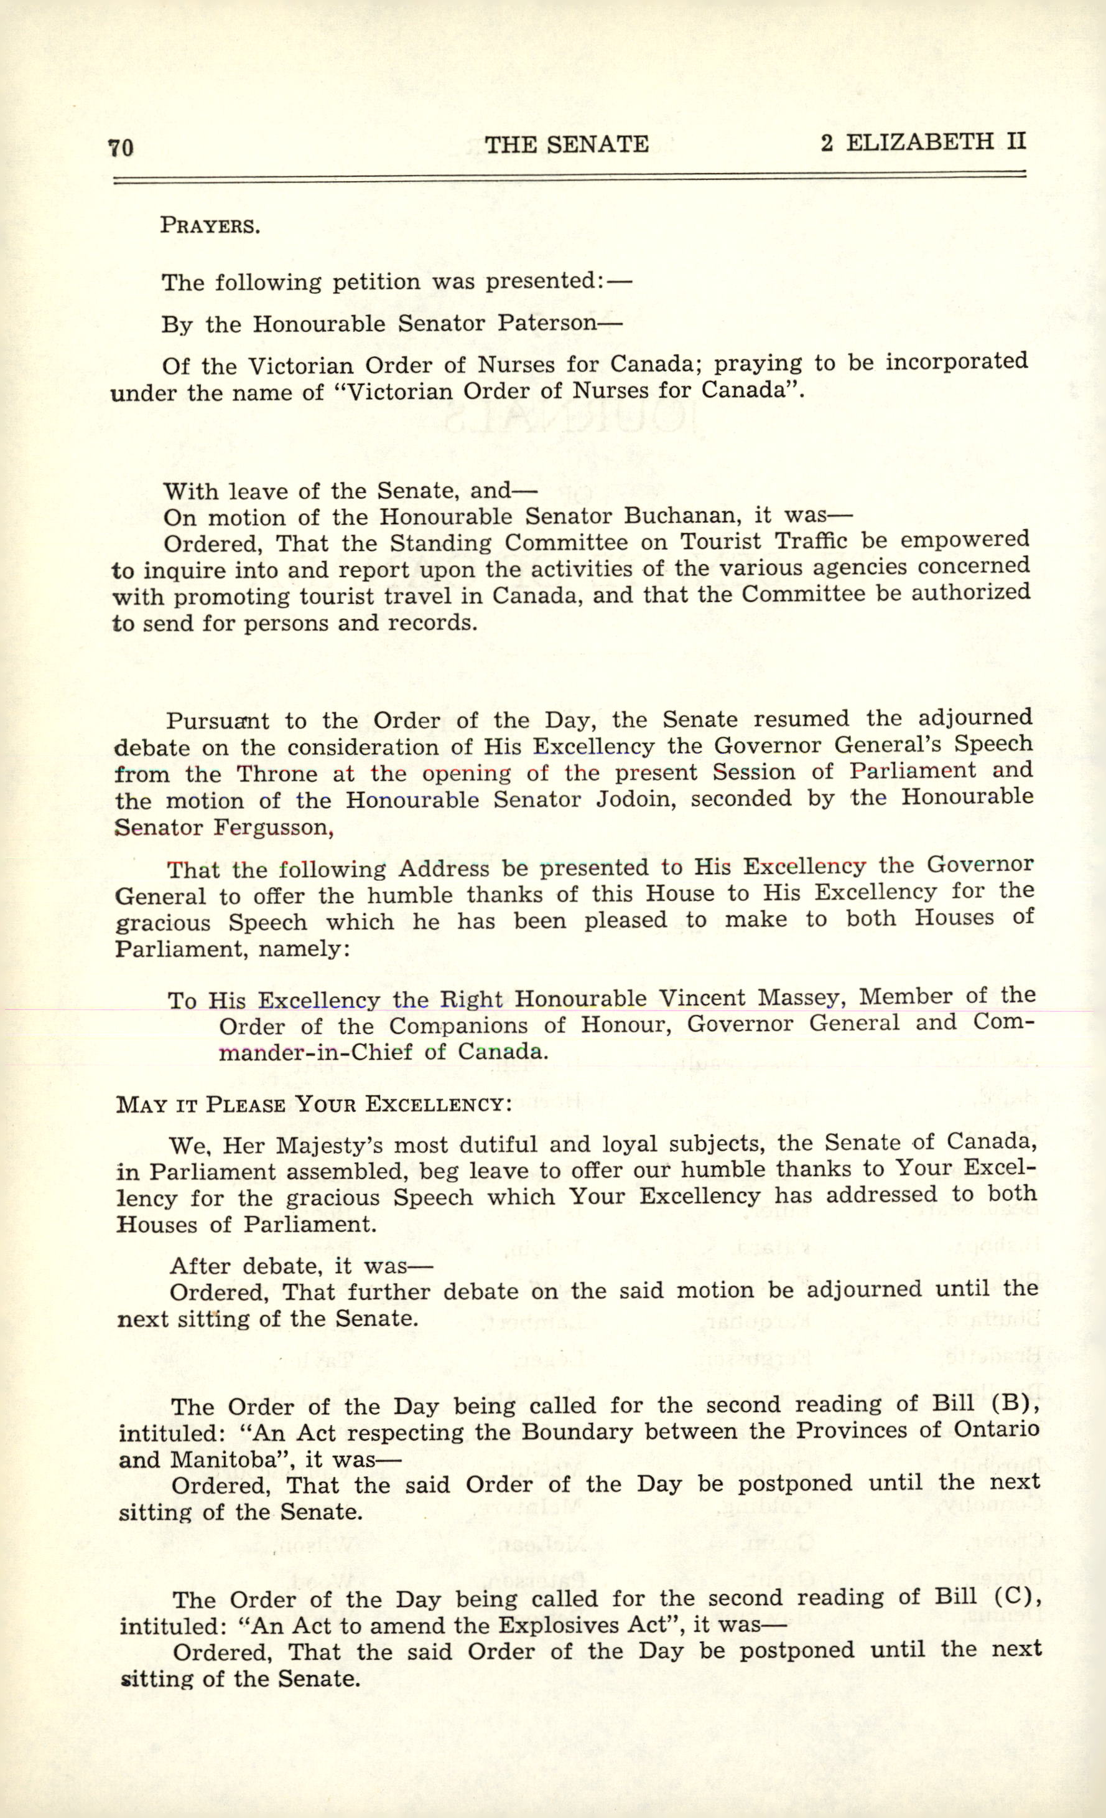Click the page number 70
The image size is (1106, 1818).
[x=121, y=148]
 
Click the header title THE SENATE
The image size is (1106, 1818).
[x=566, y=144]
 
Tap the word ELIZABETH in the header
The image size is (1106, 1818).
[x=919, y=142]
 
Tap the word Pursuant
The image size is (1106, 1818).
[x=218, y=721]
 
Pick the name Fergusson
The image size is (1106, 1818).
[x=274, y=827]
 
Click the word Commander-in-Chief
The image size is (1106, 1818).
[x=315, y=1052]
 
